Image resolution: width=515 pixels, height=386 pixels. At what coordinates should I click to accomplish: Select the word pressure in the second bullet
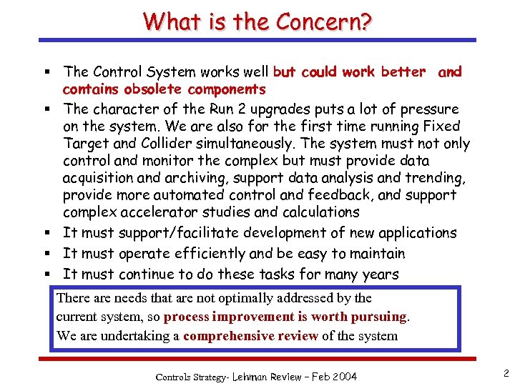pyautogui.click(x=426, y=109)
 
